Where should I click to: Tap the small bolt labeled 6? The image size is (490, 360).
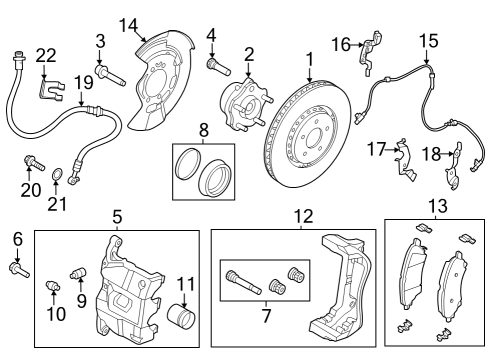point(20,267)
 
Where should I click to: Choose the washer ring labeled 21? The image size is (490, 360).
point(61,180)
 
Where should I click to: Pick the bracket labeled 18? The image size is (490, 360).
point(455,160)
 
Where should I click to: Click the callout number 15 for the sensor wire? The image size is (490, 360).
point(428,41)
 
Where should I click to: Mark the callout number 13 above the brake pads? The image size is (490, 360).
point(436,206)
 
